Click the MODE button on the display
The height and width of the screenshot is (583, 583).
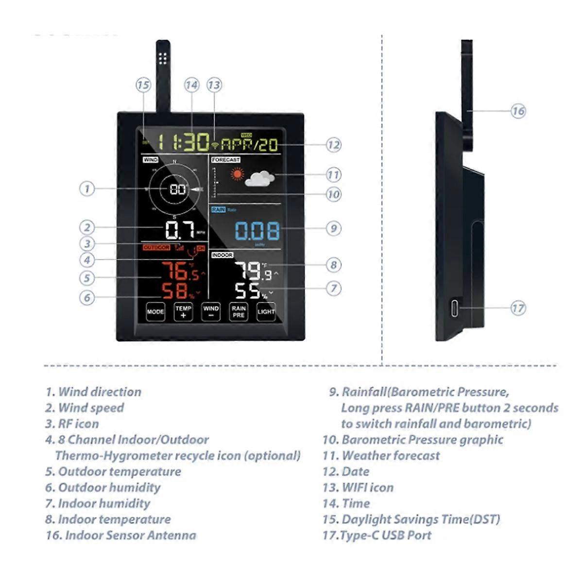(x=155, y=312)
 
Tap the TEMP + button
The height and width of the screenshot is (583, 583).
(x=183, y=312)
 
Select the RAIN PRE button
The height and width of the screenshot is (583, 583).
(x=239, y=312)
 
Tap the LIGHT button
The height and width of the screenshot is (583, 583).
(x=266, y=312)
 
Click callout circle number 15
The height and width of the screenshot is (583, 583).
(x=143, y=85)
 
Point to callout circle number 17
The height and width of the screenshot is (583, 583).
(x=518, y=308)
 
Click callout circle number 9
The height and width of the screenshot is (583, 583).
(x=333, y=228)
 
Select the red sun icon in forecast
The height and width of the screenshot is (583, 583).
(x=237, y=174)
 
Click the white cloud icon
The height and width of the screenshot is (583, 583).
(x=260, y=179)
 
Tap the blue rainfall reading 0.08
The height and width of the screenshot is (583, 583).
(x=257, y=231)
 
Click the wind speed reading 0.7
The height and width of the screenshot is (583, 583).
(x=180, y=230)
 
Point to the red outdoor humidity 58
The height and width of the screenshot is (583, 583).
(x=175, y=291)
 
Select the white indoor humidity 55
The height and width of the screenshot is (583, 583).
(x=248, y=291)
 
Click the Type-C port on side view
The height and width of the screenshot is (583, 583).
(x=454, y=308)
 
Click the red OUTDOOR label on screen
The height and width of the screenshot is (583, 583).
(x=156, y=248)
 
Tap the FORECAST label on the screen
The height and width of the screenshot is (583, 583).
(x=226, y=160)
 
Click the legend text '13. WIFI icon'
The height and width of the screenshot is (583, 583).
(x=358, y=487)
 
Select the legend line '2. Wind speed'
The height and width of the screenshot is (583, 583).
(x=85, y=408)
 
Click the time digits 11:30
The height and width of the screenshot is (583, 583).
(x=183, y=142)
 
